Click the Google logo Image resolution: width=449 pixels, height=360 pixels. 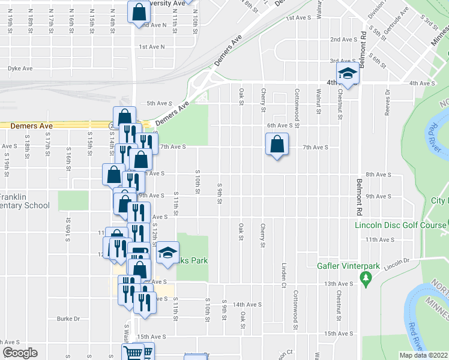20,353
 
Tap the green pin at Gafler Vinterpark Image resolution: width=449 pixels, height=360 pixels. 365,278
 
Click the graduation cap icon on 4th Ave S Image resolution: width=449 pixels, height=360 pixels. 348,74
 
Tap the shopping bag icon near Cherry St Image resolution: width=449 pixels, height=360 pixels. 277,145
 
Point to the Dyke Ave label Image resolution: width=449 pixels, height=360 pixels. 20,68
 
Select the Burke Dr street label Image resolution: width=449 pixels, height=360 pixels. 68,319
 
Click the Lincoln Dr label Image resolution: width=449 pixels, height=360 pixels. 397,261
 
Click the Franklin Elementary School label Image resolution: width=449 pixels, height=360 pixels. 24,201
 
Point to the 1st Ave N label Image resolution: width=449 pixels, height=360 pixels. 151,47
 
